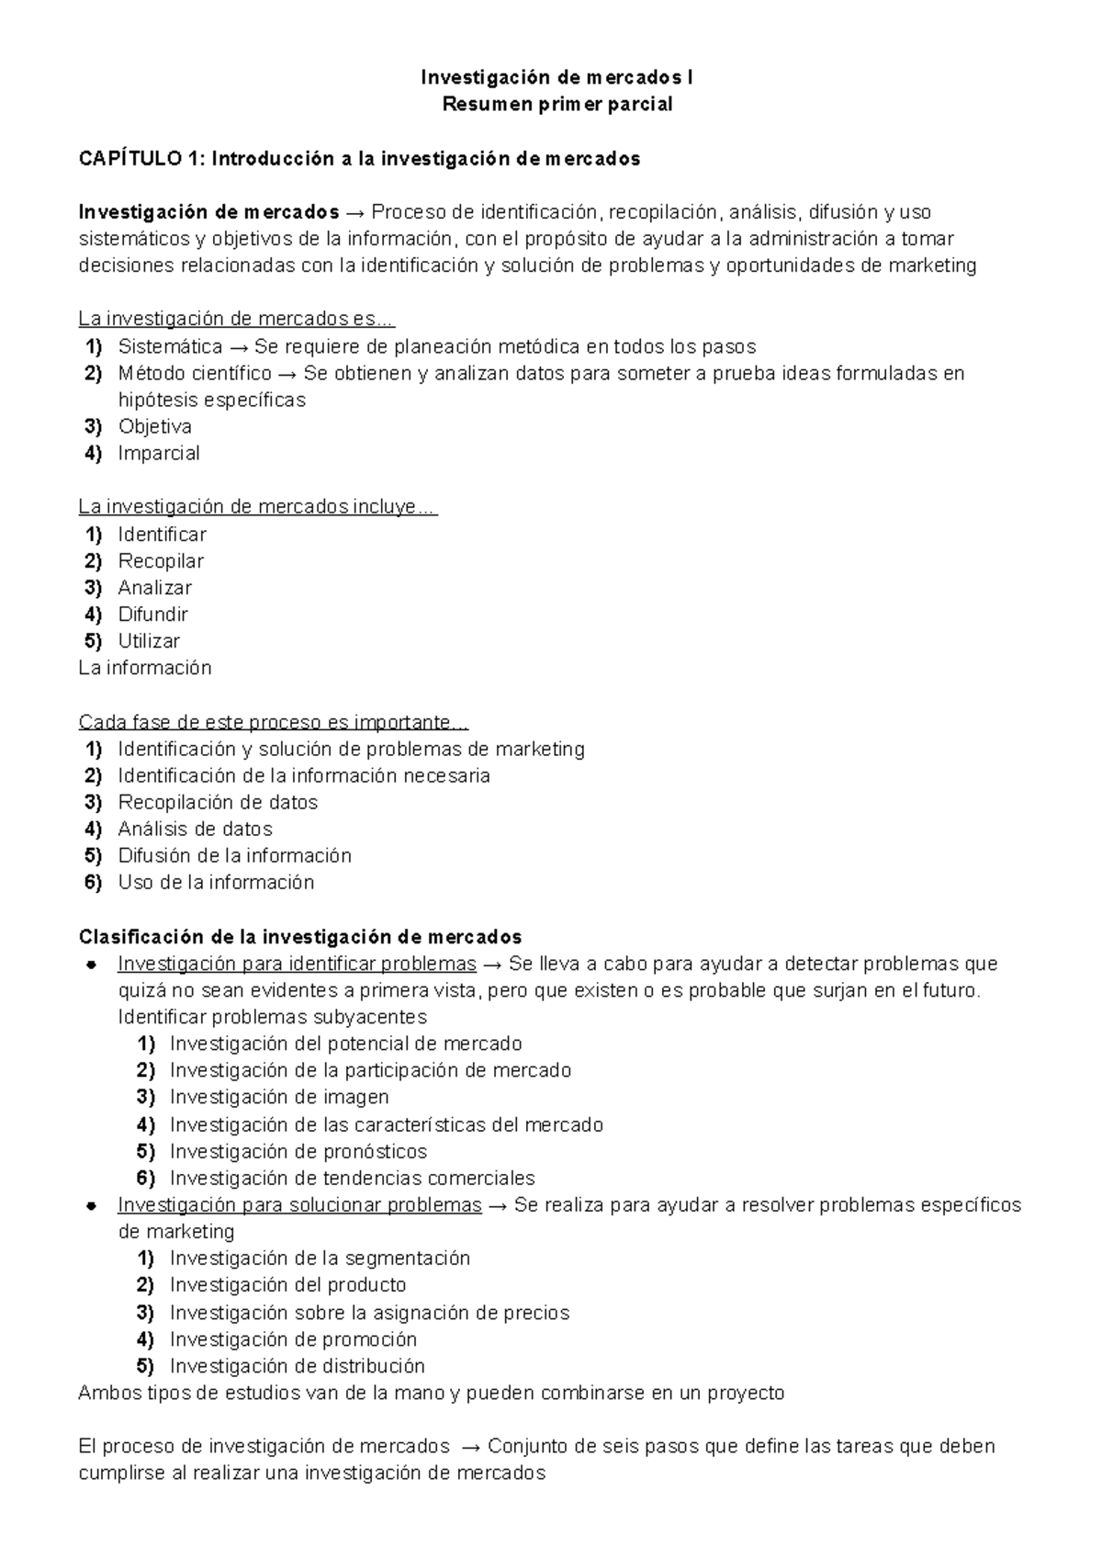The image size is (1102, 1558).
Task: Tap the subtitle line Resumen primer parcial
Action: point(557,104)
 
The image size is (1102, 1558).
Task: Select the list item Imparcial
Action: point(158,453)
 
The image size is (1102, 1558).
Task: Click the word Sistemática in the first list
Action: point(170,346)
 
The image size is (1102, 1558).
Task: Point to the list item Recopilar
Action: point(161,560)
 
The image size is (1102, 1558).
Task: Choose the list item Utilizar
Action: point(149,641)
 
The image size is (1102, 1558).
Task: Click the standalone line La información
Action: point(145,668)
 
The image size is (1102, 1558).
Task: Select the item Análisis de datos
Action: point(195,829)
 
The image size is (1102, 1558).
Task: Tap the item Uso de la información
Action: point(216,882)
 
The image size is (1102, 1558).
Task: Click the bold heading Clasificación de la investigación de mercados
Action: point(300,937)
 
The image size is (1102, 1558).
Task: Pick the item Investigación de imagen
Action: point(279,1097)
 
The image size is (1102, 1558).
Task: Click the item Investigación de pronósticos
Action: point(298,1151)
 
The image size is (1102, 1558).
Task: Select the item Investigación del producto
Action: point(287,1284)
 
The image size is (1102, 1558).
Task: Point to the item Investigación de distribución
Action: point(298,1365)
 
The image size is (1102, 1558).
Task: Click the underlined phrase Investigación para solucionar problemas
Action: point(299,1204)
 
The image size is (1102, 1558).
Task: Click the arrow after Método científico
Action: point(287,373)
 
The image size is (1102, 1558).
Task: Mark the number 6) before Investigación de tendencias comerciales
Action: point(146,1178)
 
